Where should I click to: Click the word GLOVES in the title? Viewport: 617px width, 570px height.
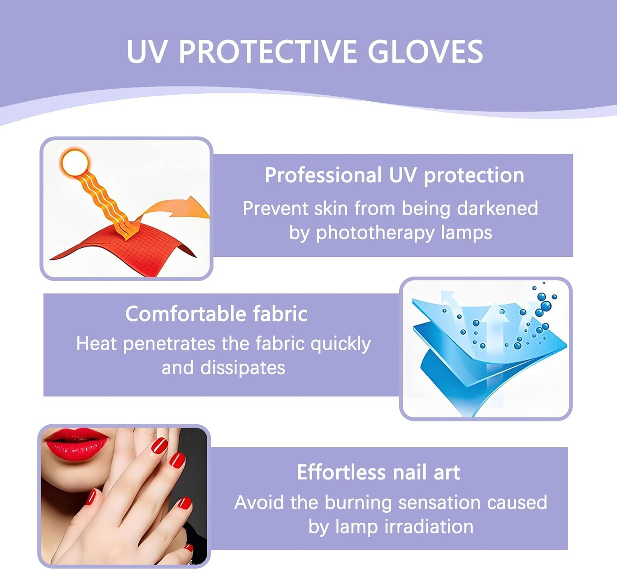(x=425, y=52)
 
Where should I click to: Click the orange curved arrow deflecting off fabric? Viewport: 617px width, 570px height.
(x=181, y=208)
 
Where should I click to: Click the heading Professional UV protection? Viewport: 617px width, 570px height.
(x=394, y=175)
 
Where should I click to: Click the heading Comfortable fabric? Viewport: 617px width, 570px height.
(x=216, y=314)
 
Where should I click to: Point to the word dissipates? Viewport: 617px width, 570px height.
(x=243, y=368)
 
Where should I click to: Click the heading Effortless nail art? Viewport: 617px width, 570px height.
(x=378, y=472)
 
